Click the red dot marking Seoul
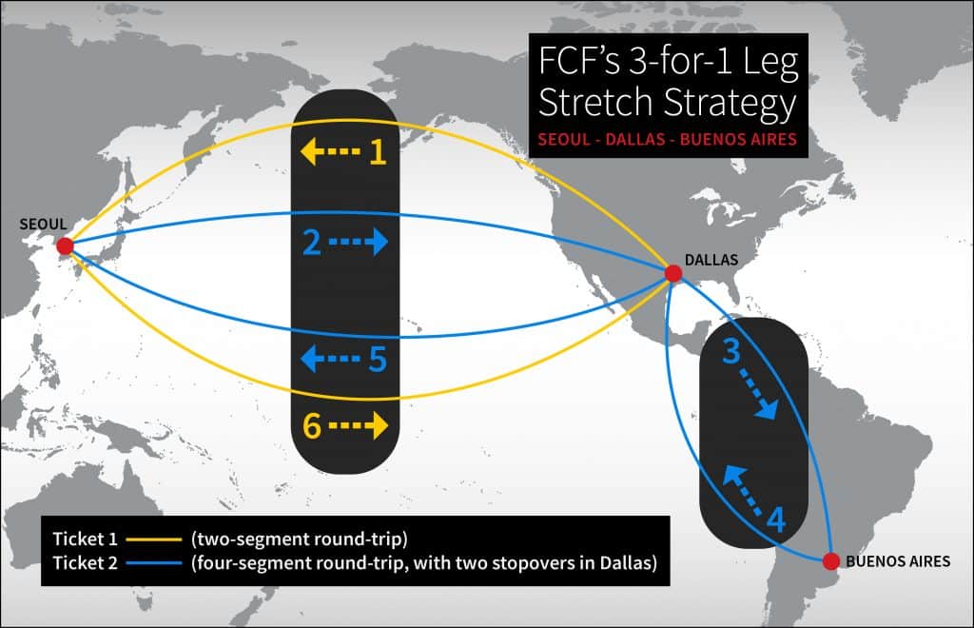pos(65,246)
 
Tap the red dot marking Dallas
pos(673,274)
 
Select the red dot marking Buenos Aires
pos(830,560)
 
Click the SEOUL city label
pos(43,224)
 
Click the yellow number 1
pos(378,151)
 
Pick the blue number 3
pos(731,352)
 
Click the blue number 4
pos(776,520)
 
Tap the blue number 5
pos(378,359)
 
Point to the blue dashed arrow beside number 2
pos(359,244)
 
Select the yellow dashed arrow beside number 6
pos(359,426)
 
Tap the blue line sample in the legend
pos(149,563)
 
